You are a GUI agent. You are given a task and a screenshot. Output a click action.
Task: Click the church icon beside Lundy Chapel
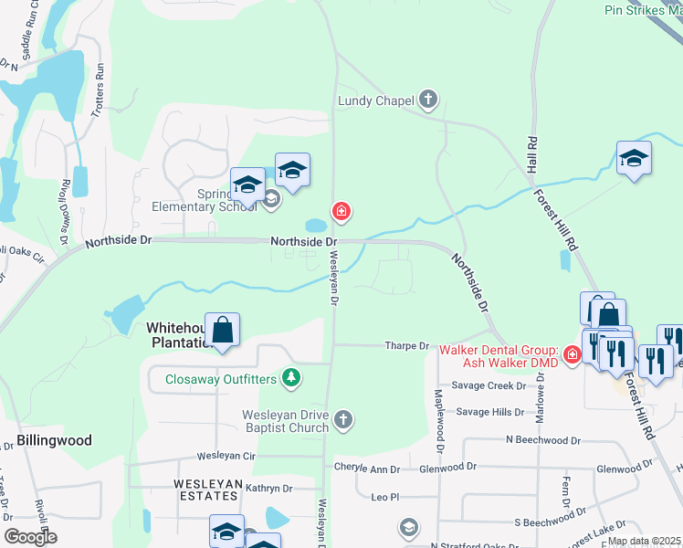428,100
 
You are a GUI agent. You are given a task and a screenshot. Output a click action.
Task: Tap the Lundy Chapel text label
376,100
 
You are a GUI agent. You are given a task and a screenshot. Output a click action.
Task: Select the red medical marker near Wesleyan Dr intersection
341,213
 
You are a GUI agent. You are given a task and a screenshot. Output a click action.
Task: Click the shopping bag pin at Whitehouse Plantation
222,330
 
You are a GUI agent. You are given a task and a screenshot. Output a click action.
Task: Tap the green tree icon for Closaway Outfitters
290,377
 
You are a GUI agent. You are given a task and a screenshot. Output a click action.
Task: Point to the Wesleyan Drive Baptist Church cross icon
343,419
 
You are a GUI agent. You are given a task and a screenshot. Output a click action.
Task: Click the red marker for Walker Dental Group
572,353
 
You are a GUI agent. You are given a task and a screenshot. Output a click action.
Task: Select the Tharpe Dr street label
407,346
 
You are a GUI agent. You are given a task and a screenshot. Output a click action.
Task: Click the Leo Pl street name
387,498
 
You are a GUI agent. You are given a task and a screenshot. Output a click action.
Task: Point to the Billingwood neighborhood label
54,440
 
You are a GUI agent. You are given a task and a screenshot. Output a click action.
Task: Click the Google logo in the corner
30,537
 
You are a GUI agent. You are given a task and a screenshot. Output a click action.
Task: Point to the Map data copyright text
644,541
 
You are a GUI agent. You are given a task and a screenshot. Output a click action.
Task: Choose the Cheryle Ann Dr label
367,469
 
